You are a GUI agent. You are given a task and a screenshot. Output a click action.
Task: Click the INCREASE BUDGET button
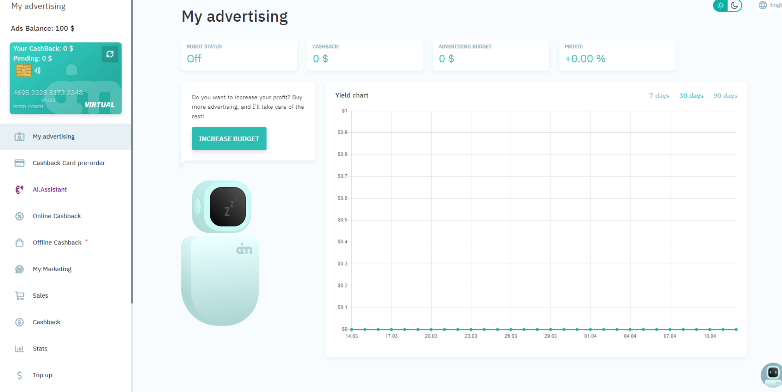[x=229, y=139]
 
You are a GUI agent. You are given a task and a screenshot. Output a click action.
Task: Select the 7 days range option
[x=659, y=95]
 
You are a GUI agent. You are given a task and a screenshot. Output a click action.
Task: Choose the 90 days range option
[x=725, y=95]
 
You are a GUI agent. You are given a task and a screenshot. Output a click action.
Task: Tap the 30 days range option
[x=691, y=95]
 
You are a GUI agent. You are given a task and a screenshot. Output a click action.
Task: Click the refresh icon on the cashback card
[x=110, y=54]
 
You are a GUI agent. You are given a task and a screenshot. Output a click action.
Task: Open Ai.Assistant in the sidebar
[x=50, y=189]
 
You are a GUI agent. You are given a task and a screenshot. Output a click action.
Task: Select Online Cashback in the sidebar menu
[x=57, y=216]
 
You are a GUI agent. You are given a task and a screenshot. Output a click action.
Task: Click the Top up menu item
[x=42, y=375]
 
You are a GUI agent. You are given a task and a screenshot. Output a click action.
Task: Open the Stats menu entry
[x=40, y=349]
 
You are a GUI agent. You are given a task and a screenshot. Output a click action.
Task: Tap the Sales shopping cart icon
[x=19, y=296]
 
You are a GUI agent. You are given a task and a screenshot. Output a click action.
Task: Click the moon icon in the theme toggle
[x=734, y=5]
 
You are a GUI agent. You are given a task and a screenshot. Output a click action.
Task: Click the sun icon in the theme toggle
[x=721, y=5]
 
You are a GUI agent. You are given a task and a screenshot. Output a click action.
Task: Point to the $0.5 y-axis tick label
[x=342, y=220]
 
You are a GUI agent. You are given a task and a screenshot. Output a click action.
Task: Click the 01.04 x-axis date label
[x=590, y=336]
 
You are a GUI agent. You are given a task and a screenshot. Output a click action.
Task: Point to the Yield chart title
[x=352, y=95]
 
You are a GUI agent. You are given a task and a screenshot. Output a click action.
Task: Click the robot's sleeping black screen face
[x=228, y=206]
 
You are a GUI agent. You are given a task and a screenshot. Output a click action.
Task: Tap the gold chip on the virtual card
[x=24, y=71]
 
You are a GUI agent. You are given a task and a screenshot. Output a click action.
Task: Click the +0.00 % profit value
[x=585, y=59]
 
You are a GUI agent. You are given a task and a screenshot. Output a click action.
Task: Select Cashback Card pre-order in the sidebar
[x=69, y=163]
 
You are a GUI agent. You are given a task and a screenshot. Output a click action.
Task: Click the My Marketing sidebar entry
[x=52, y=269]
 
